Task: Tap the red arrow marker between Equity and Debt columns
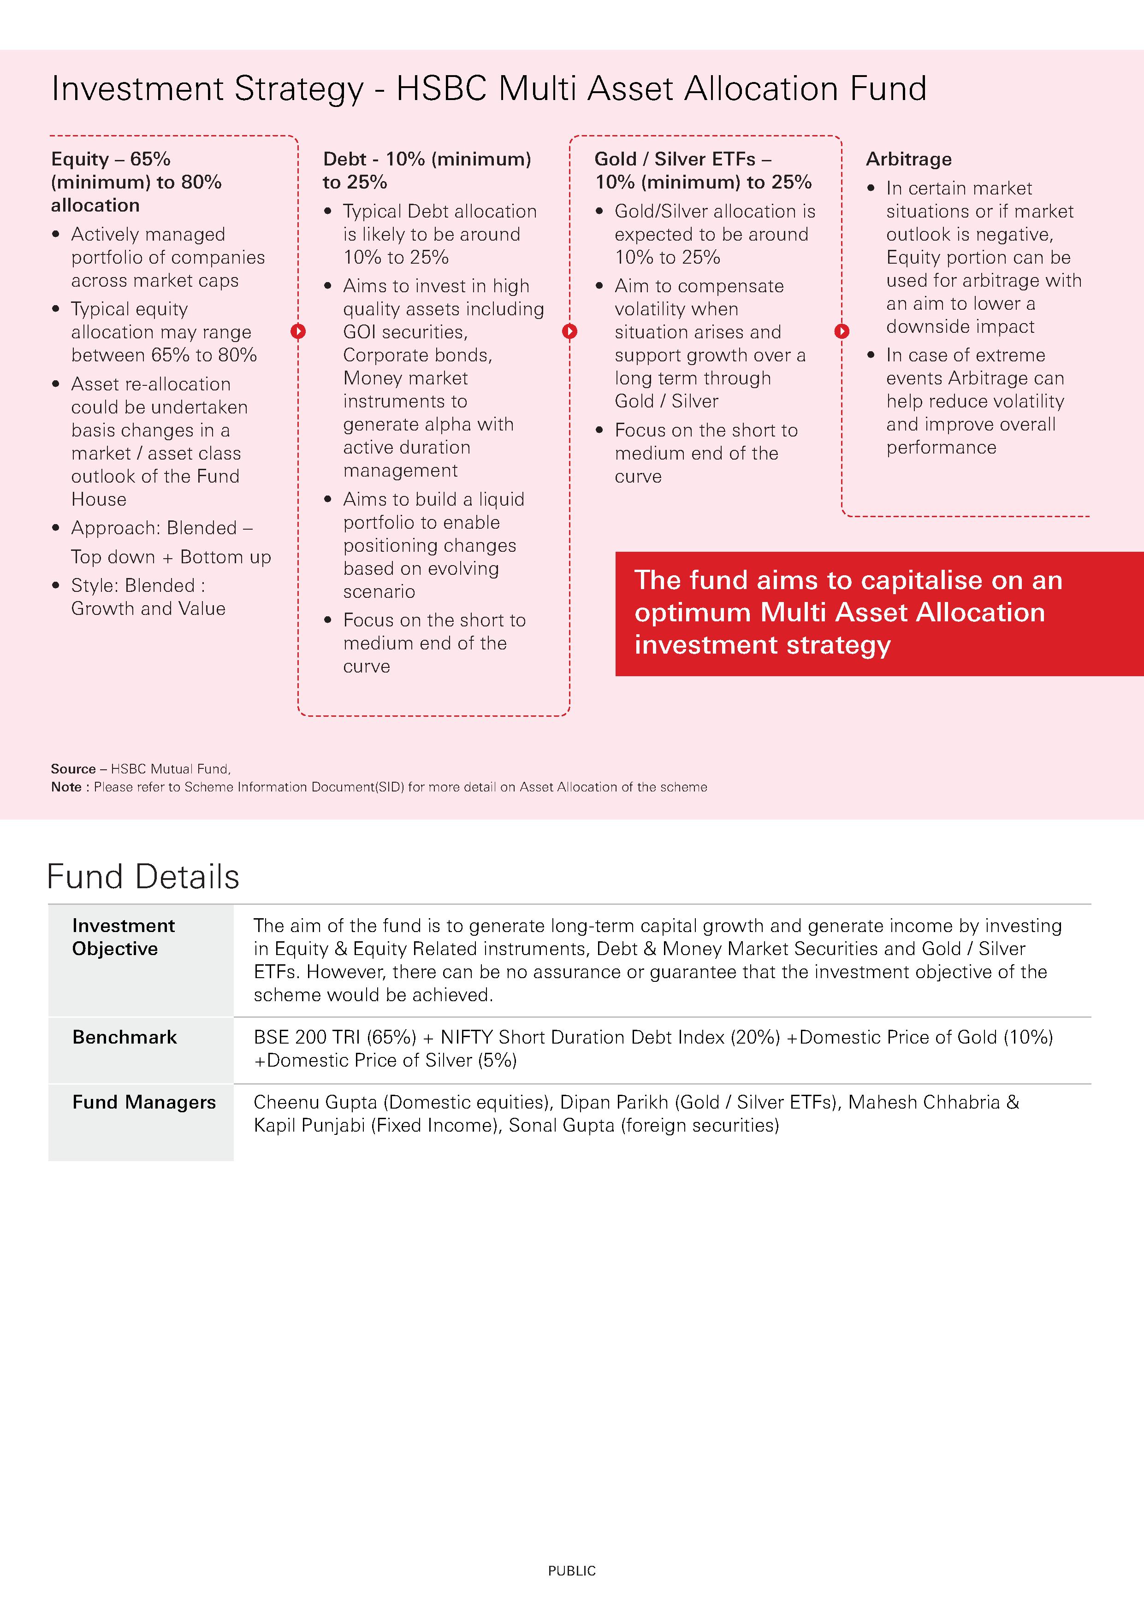298,331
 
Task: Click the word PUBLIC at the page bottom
571,1570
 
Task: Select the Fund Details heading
143,877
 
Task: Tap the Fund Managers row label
144,1102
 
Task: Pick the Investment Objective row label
123,937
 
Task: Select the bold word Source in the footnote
72,769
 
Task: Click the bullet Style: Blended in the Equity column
138,585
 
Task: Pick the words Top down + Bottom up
171,557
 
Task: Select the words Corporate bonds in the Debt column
417,355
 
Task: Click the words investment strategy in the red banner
762,644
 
